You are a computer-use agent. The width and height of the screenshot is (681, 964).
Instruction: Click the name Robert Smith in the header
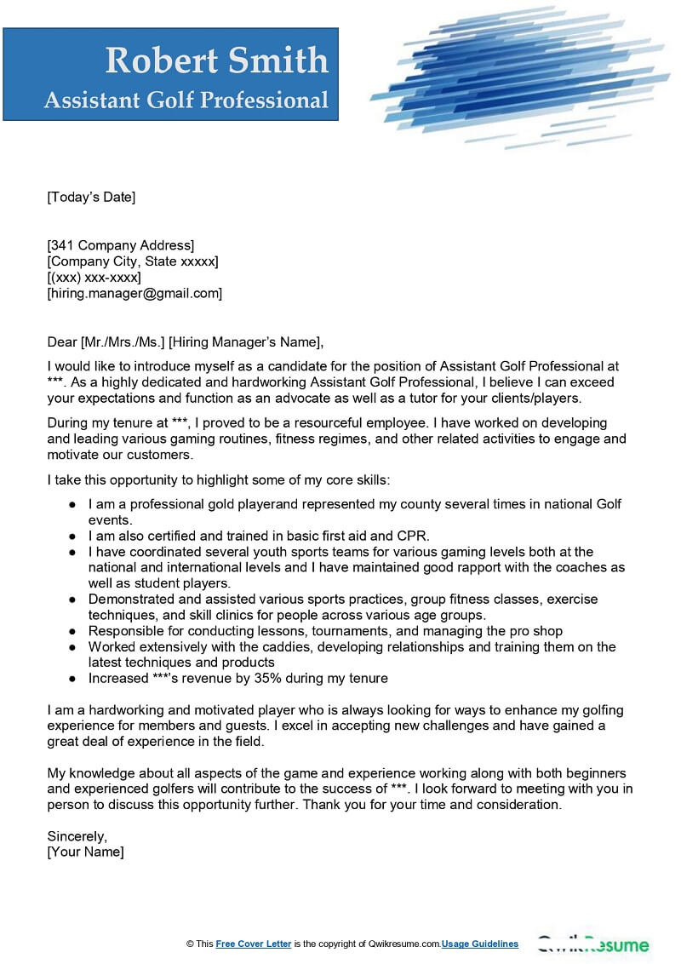216,60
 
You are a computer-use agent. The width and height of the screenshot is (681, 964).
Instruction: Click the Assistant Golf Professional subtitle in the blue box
186,100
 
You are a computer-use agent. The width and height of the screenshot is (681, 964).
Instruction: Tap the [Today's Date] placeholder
91,198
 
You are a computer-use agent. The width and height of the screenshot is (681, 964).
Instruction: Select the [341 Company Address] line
121,246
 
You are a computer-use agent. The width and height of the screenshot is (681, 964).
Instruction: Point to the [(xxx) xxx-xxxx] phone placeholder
94,278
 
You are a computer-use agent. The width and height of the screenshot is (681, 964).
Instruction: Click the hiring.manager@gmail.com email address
134,294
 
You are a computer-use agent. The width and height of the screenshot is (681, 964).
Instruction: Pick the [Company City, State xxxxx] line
133,261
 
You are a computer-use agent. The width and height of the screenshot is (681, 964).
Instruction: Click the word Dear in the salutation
62,342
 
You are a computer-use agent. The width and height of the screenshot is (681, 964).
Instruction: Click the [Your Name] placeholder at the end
86,852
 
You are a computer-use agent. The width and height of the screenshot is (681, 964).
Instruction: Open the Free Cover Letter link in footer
254,944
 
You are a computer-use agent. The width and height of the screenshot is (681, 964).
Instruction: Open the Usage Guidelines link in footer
480,944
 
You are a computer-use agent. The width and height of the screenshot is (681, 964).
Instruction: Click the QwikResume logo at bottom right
592,944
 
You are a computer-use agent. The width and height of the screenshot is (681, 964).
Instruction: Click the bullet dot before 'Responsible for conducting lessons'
72,632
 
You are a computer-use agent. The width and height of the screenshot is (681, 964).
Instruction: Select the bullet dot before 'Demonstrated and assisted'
72,600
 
